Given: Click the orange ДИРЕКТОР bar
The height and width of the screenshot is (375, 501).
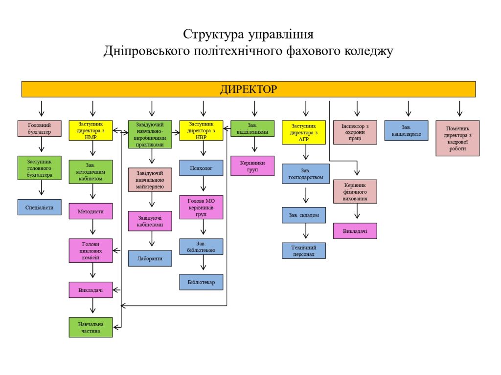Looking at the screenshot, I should click(x=249, y=89).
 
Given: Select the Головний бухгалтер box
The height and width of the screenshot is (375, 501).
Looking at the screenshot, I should click(x=39, y=128).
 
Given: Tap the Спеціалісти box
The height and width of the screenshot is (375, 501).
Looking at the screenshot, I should click(x=39, y=207).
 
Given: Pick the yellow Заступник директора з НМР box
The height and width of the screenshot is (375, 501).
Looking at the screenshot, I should click(x=91, y=131).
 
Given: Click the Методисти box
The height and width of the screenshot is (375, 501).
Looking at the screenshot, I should click(x=91, y=211).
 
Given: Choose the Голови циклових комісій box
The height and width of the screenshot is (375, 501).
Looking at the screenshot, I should click(x=91, y=250).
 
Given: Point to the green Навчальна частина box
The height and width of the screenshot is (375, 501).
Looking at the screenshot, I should click(x=91, y=327).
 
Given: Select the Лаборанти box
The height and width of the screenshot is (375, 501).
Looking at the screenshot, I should click(x=150, y=258).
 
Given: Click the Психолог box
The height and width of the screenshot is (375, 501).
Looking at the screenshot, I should click(x=201, y=167).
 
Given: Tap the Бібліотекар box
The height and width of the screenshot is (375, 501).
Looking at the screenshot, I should click(x=201, y=282).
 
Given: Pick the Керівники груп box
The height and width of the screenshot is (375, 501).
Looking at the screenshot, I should click(x=252, y=166).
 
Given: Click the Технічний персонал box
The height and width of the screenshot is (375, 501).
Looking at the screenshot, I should click(x=304, y=250).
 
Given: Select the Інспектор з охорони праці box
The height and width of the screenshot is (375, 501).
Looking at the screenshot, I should click(x=355, y=132).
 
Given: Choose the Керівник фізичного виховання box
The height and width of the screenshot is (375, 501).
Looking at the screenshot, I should click(x=355, y=191).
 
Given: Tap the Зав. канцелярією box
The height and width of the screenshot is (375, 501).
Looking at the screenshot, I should click(x=406, y=130).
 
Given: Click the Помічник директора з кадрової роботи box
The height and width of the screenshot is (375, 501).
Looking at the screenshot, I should click(x=457, y=138).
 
